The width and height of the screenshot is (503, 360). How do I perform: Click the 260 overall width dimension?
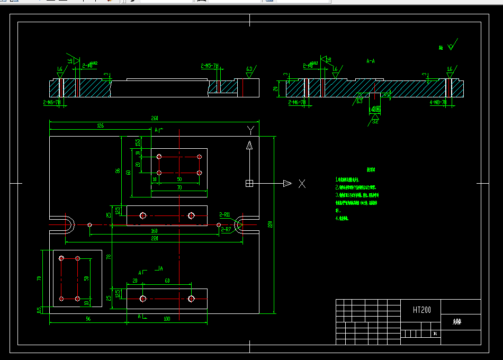(155, 118)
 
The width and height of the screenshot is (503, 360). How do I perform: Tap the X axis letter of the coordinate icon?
(302, 184)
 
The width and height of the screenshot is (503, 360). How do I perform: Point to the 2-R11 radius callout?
(224, 214)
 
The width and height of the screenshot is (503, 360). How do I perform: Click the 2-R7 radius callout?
(226, 230)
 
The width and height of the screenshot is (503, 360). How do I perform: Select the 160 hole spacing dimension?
(154, 231)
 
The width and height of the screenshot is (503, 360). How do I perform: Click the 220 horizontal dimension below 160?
(154, 238)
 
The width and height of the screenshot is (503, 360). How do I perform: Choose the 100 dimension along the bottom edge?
(166, 319)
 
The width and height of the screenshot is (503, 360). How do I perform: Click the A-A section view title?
(371, 61)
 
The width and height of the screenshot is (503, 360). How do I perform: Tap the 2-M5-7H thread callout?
(210, 66)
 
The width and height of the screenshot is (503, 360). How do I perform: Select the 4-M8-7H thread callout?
(438, 102)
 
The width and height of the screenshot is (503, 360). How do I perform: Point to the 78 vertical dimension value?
(109, 257)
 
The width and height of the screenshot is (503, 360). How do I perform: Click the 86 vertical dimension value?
(118, 171)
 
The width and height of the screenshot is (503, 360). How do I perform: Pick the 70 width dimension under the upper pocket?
(179, 187)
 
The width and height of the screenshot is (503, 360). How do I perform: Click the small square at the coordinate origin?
(249, 183)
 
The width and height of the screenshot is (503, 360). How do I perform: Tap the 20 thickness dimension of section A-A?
(275, 88)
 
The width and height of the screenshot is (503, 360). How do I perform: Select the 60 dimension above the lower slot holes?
(167, 281)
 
